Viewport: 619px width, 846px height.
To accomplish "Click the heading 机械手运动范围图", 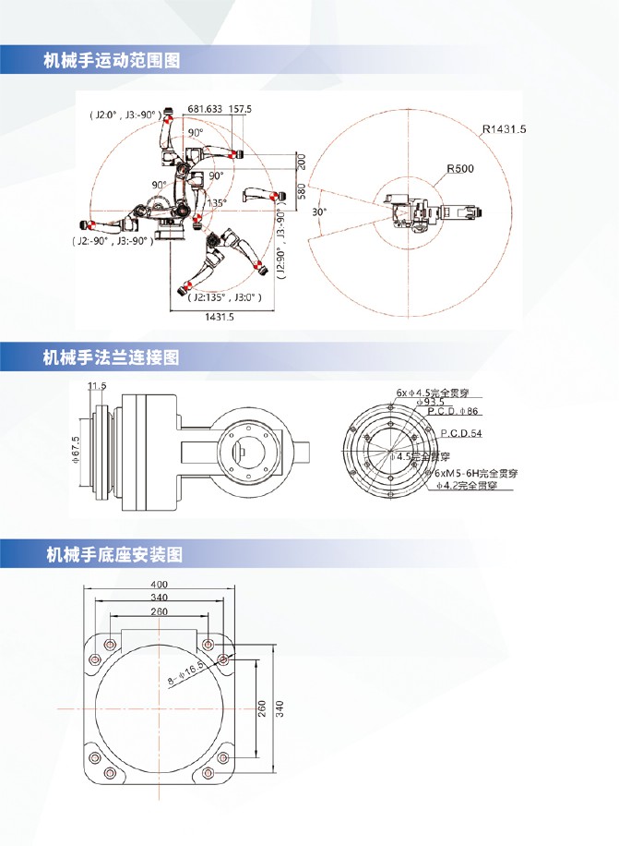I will coord(112,62).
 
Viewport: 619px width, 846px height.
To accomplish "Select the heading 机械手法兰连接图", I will coord(112,357).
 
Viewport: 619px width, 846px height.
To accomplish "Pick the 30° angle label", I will coord(320,211).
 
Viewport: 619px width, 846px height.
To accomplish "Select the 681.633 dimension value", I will coord(205,109).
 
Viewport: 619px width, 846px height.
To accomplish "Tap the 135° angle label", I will coord(217,201).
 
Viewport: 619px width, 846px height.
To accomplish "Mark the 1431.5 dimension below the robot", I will coord(219,317).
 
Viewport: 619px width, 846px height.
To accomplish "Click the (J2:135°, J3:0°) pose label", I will coord(223,297).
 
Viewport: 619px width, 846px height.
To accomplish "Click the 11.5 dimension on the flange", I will coord(97,385).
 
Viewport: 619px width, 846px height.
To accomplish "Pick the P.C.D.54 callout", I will coord(462,433).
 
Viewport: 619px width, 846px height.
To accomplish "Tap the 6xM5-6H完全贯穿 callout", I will coord(478,473).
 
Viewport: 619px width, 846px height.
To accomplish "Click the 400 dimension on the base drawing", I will coord(160,584).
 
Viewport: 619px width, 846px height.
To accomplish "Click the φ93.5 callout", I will coord(430,402).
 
